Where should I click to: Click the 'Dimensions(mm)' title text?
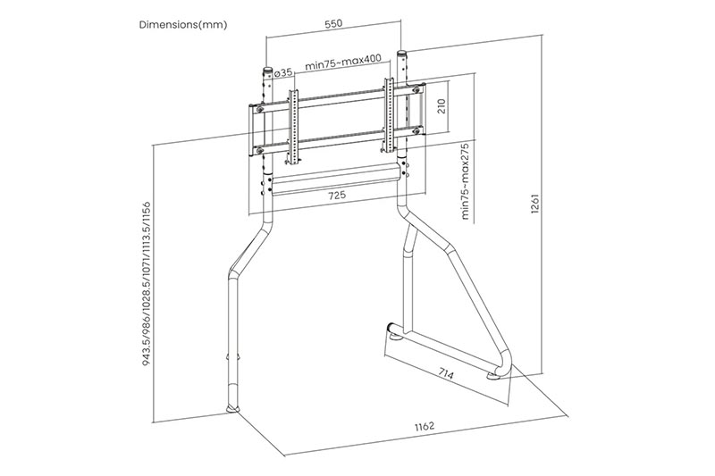183,25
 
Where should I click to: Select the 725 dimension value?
337,195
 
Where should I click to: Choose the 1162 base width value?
425,428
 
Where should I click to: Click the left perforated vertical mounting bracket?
290,121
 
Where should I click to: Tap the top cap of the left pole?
266,68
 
